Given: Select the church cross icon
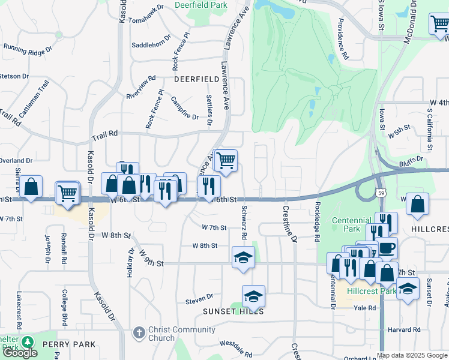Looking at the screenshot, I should pyautogui.click(x=139, y=332).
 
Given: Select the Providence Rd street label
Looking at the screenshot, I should pyautogui.click(x=343, y=38).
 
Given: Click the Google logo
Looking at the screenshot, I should pyautogui.click(x=20, y=353).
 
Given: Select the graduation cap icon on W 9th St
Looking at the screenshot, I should pyautogui.click(x=243, y=257).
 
